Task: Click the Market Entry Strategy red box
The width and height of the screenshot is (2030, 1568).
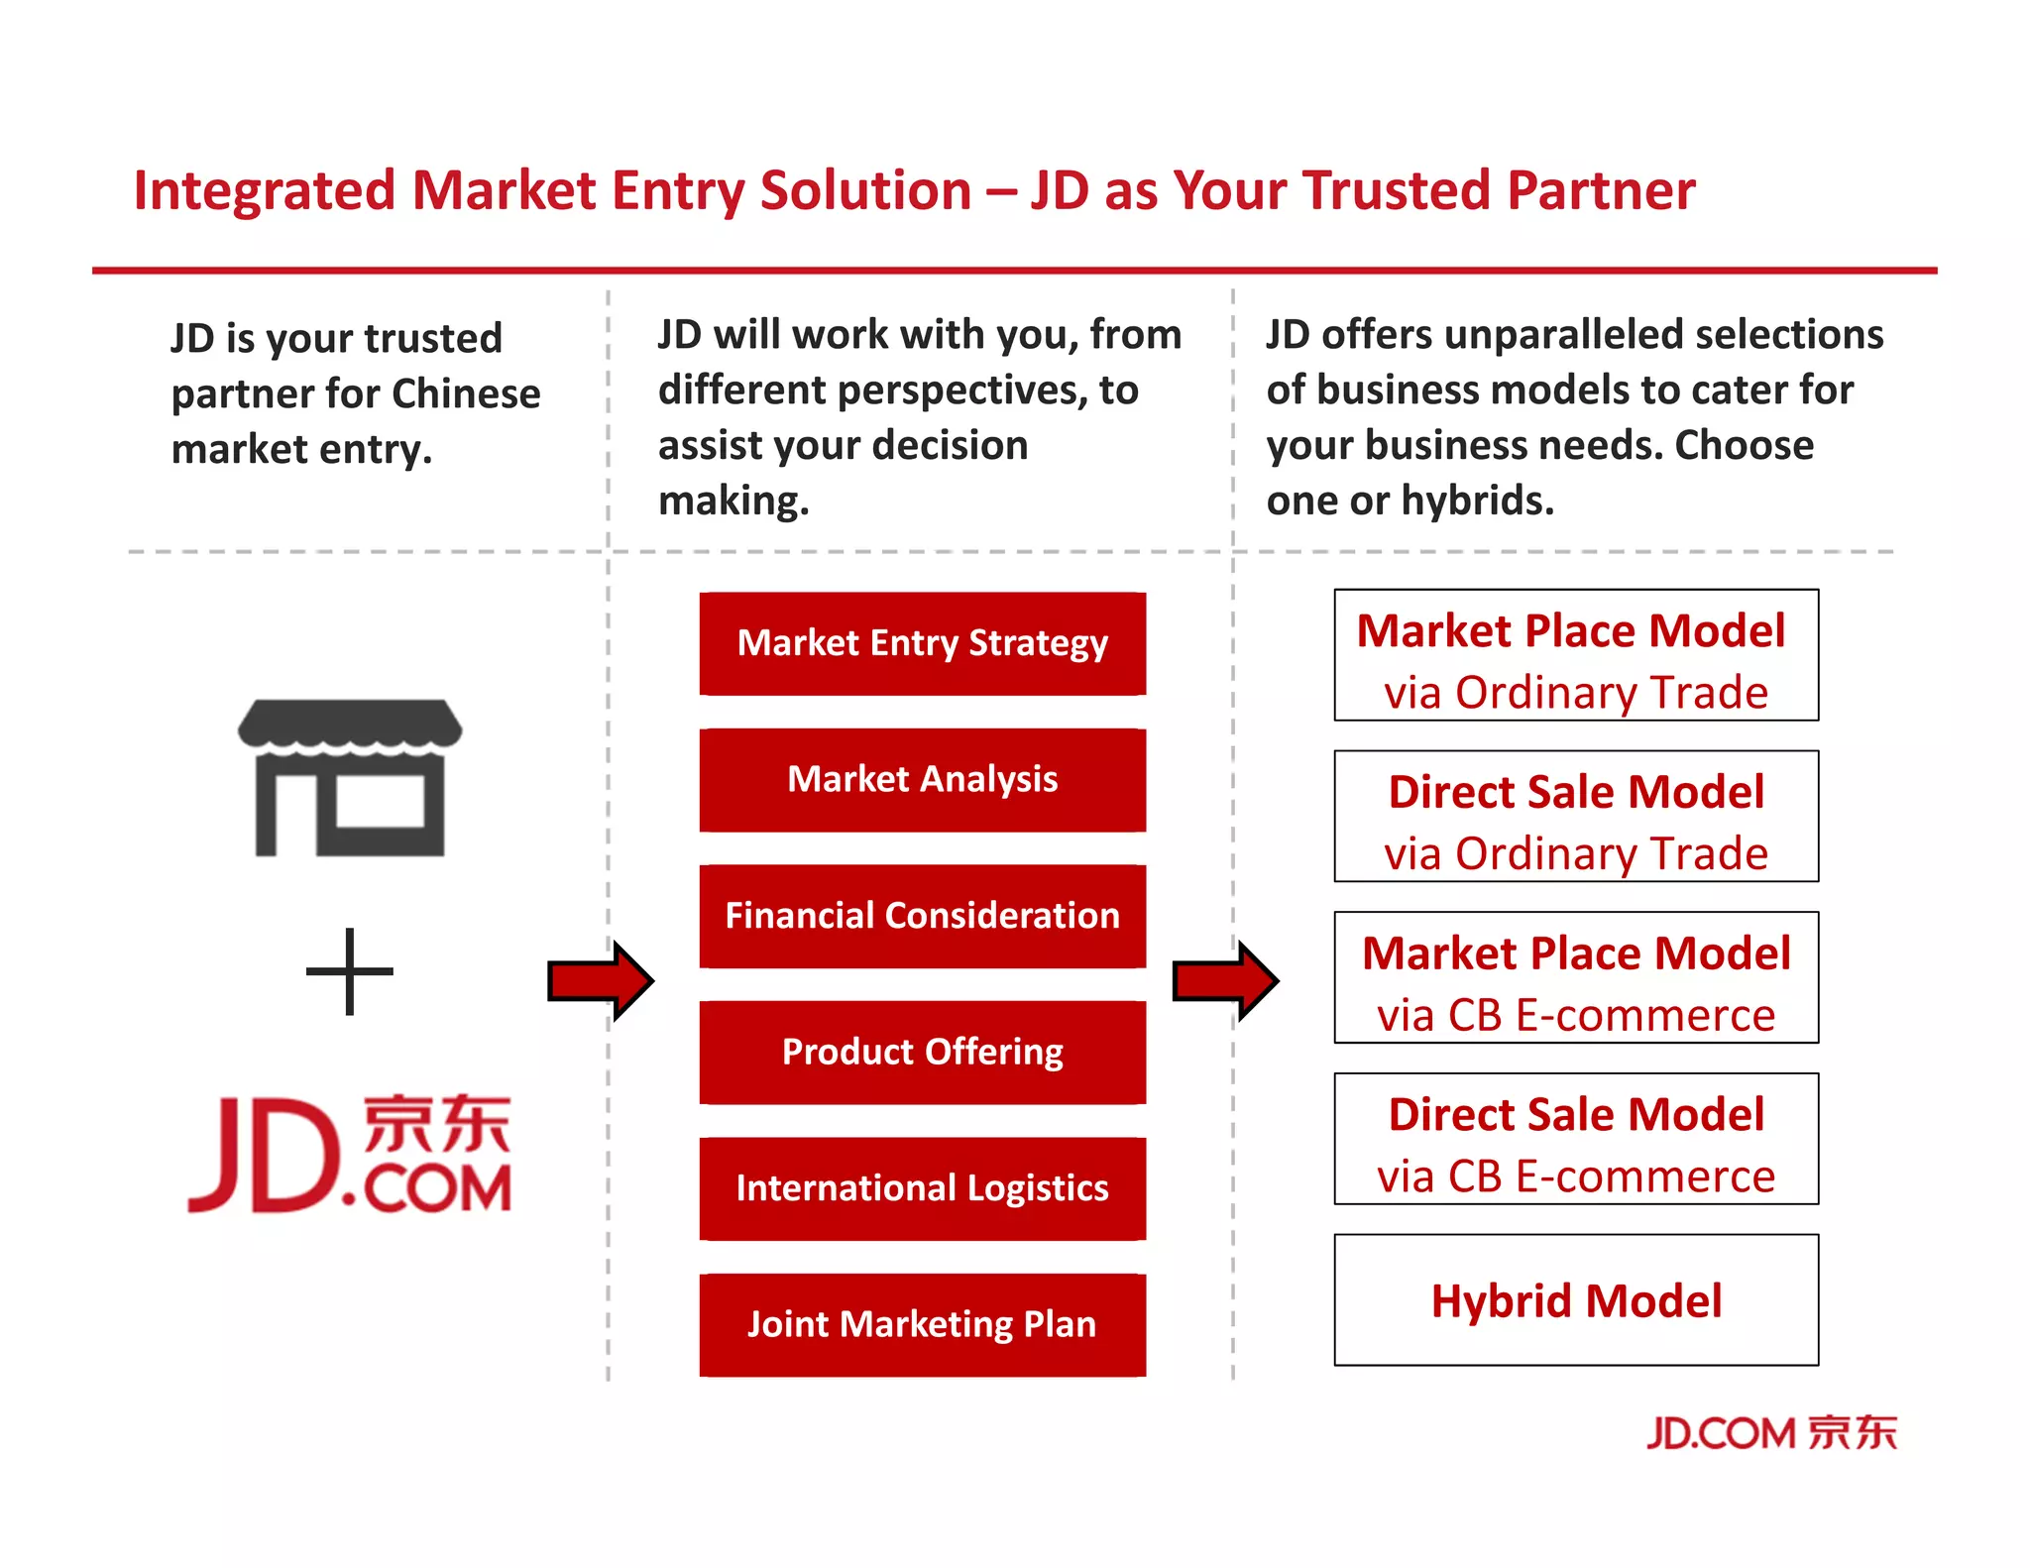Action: (922, 643)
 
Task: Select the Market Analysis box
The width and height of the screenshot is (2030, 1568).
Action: (922, 780)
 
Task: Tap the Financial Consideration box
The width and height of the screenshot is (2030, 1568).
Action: (922, 916)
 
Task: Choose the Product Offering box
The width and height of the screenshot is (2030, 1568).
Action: (922, 1052)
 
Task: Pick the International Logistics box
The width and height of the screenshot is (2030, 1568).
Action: (922, 1188)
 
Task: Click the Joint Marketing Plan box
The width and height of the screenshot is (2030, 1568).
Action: (922, 1324)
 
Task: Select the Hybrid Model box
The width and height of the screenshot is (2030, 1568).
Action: (1576, 1299)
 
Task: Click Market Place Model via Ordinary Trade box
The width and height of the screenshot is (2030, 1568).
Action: (1576, 655)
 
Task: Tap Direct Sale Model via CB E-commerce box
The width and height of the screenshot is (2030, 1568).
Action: (1576, 1139)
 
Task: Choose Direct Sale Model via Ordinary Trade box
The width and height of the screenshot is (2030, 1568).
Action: (1576, 817)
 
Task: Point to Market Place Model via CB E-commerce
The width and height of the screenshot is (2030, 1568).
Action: (1576, 977)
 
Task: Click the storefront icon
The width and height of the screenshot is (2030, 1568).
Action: (350, 777)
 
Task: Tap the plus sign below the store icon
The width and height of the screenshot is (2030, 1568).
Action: (350, 971)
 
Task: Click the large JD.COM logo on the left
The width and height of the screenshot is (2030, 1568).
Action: (350, 1155)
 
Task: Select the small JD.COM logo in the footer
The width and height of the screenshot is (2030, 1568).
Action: (1771, 1433)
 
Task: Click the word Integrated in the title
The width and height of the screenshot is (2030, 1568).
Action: (264, 190)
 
